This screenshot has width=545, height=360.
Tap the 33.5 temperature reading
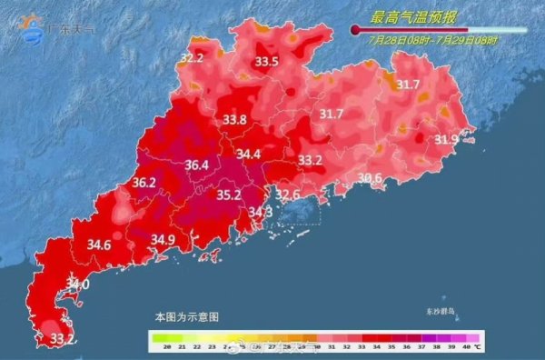[x=266, y=62]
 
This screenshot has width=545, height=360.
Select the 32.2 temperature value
[x=192, y=58]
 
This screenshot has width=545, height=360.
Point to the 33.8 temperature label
[x=234, y=119]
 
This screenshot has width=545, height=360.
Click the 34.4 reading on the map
[x=248, y=155]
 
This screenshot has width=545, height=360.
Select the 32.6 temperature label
[x=288, y=194]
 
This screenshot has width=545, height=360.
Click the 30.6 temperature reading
[x=370, y=177]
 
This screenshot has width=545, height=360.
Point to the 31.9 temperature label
[x=446, y=140]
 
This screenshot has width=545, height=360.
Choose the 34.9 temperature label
[x=163, y=240]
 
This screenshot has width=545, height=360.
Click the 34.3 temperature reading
[x=261, y=212]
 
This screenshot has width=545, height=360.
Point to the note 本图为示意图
[x=186, y=316]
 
